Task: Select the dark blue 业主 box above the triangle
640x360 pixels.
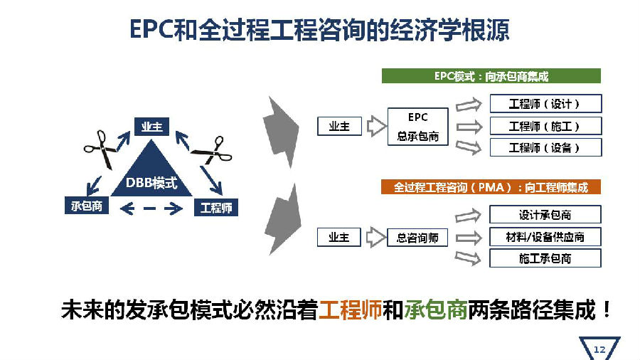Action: [x=151, y=127]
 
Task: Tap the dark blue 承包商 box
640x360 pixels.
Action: [x=87, y=206]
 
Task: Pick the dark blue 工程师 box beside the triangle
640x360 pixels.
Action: [x=216, y=208]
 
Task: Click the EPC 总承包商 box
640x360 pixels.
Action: [x=417, y=127]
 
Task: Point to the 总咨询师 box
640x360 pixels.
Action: [x=417, y=238]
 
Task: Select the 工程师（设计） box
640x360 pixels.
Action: [x=545, y=104]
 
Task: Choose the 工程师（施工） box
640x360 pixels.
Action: [x=545, y=126]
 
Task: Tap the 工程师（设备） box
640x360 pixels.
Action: [x=545, y=147]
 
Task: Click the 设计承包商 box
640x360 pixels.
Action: [x=545, y=215]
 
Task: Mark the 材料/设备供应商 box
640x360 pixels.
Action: [x=545, y=237]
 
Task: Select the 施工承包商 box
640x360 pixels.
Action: [x=545, y=258]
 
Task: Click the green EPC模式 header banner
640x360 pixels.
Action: [x=491, y=76]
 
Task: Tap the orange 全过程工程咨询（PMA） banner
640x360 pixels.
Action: [x=491, y=187]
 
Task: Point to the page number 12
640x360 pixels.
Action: [x=599, y=350]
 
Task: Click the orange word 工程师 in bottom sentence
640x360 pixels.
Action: [x=350, y=309]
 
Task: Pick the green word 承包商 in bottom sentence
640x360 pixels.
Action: [x=435, y=309]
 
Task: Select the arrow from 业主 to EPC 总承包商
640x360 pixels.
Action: [x=376, y=126]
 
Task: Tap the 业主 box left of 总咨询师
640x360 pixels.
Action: [x=338, y=237]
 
